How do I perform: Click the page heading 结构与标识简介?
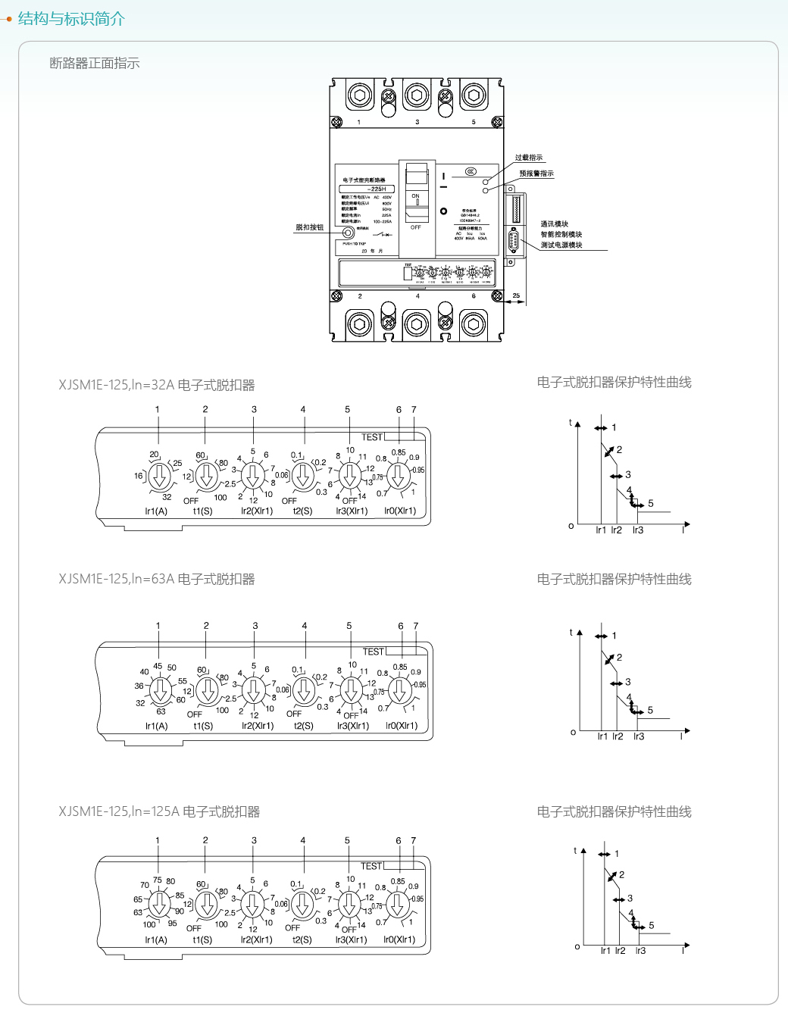click(71, 18)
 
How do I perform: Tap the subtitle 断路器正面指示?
click(95, 63)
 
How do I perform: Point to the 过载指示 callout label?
click(529, 158)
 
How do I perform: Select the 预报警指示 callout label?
click(536, 174)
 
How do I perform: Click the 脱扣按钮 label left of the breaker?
click(309, 227)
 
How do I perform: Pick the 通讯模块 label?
click(554, 224)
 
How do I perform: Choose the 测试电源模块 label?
click(561, 245)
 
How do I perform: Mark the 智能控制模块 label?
click(561, 235)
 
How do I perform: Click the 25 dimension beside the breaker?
click(516, 295)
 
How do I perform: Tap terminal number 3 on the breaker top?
click(417, 122)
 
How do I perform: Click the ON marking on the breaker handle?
click(415, 196)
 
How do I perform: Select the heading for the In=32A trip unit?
click(157, 385)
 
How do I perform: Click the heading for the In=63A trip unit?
click(157, 579)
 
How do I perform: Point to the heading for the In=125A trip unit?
click(159, 811)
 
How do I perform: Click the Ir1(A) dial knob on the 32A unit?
click(159, 477)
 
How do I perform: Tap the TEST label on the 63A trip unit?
click(373, 652)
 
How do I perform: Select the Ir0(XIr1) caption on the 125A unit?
click(399, 939)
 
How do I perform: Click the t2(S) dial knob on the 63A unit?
click(304, 690)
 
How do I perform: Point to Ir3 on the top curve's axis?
click(638, 530)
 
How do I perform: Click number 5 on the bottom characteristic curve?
click(651, 925)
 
